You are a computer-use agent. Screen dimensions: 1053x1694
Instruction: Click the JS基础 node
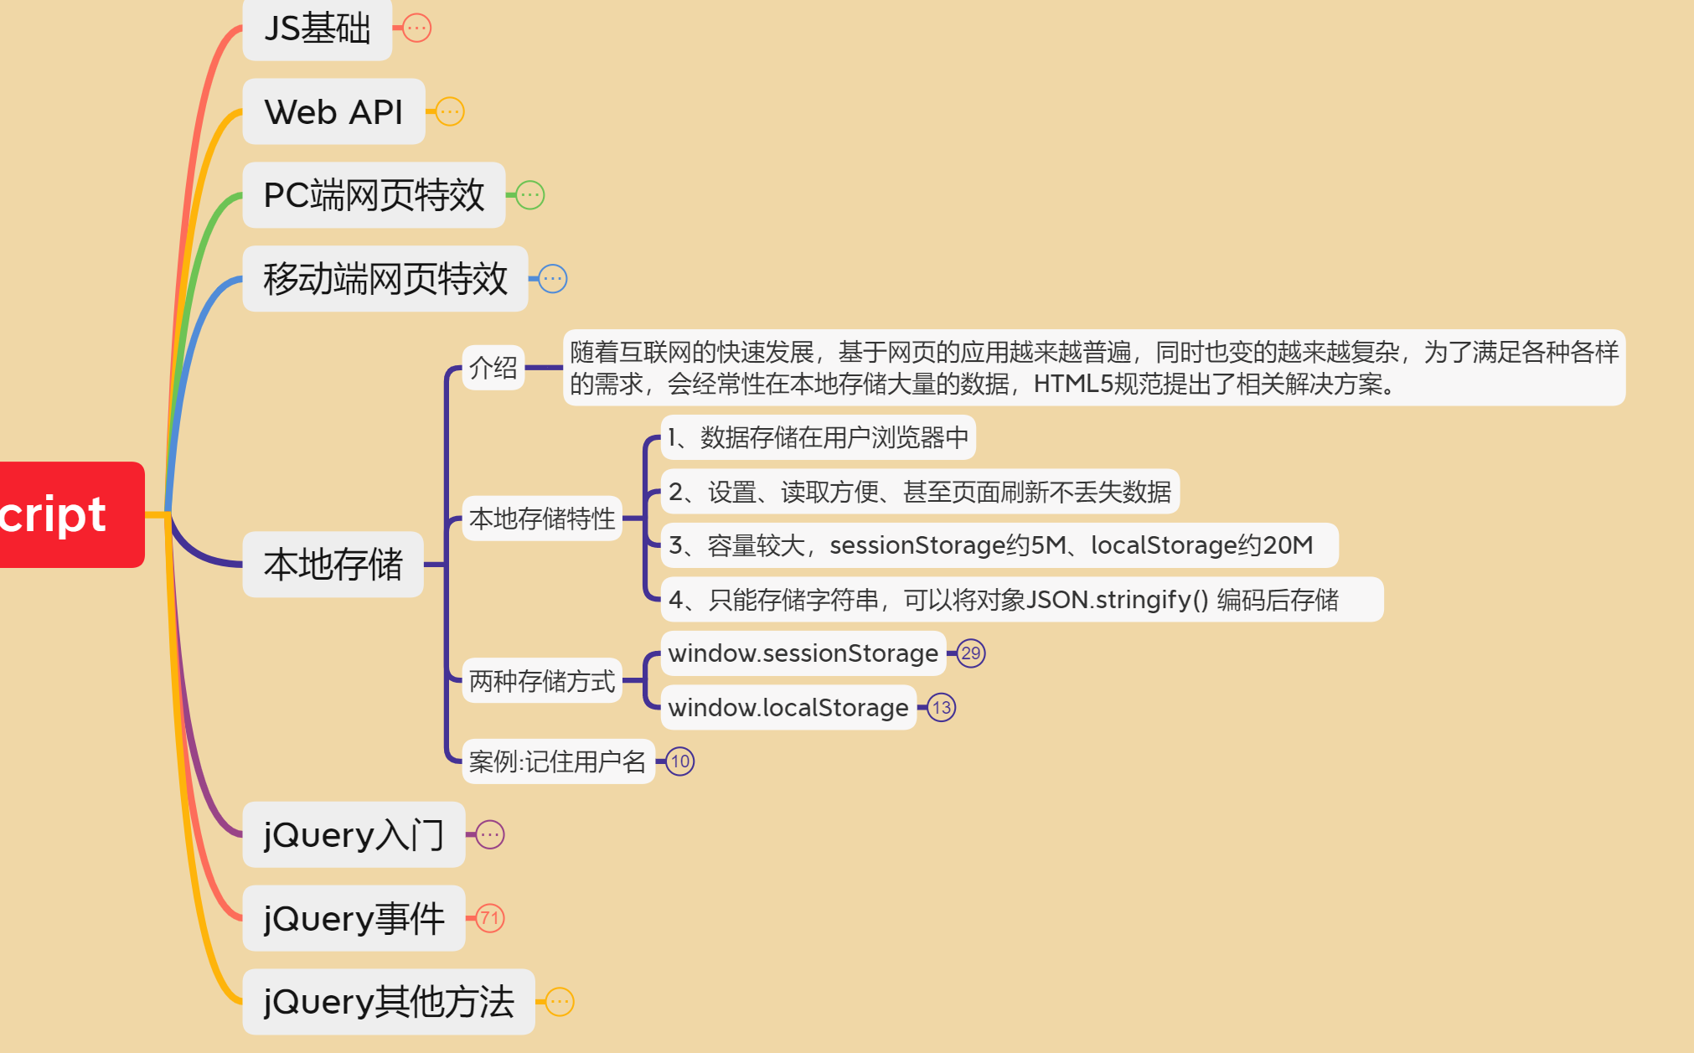317,28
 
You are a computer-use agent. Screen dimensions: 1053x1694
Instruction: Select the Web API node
333,111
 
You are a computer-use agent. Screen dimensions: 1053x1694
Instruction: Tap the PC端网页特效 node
374,195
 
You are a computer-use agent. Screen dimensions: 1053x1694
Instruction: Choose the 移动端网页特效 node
385,279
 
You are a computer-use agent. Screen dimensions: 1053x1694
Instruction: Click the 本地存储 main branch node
333,564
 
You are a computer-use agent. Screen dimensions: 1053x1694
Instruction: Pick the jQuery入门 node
353,834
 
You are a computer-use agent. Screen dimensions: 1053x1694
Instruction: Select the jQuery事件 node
353,918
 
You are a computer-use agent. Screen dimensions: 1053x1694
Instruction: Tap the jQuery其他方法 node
388,1002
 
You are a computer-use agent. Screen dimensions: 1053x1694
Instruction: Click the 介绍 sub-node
493,368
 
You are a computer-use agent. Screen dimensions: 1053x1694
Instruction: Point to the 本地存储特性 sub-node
542,519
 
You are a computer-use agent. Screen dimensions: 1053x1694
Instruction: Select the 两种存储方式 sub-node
542,681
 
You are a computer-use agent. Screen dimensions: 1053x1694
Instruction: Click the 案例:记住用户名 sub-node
558,761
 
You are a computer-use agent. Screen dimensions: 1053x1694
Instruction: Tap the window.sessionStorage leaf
803,653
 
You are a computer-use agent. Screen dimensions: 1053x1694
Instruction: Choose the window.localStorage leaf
788,708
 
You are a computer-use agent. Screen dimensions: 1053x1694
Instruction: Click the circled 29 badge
971,653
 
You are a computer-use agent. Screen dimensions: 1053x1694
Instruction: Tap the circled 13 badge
942,708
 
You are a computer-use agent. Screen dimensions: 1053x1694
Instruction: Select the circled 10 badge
680,761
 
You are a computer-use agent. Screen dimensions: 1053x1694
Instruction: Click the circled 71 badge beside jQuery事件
490,918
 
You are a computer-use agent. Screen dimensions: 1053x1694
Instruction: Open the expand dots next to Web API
450,111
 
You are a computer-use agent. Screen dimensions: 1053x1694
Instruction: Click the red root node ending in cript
67,514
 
